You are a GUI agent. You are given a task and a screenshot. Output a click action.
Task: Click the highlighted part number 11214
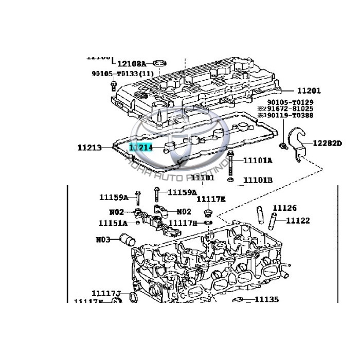click(x=140, y=148)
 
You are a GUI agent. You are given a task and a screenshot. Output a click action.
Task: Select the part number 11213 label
click(x=89, y=148)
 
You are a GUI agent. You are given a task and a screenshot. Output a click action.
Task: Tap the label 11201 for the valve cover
click(x=308, y=91)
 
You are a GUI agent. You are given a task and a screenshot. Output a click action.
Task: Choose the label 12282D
click(x=328, y=142)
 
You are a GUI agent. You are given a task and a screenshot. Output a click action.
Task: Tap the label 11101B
click(x=258, y=180)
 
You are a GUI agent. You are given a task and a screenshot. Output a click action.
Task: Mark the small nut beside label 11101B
click(x=231, y=180)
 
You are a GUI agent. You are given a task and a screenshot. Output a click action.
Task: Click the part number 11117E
click(x=211, y=199)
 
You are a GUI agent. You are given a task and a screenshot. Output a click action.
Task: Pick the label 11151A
click(x=113, y=223)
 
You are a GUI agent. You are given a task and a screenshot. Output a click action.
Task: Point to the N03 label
click(x=103, y=239)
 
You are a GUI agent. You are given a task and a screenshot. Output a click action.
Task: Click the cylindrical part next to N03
click(x=127, y=240)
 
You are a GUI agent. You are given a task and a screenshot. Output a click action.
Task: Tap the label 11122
click(x=298, y=221)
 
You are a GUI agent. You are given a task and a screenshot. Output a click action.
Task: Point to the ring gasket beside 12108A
click(x=161, y=63)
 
